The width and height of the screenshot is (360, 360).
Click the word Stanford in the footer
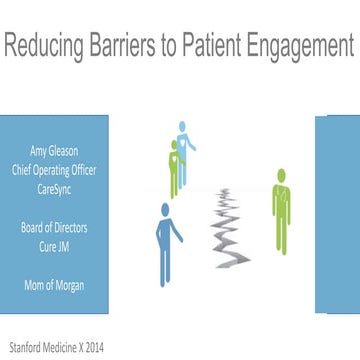click(26, 347)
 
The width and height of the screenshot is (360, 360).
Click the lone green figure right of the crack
click(282, 212)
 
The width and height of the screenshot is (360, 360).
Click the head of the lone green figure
click(282, 176)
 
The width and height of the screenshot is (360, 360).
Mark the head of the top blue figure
click(183, 127)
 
